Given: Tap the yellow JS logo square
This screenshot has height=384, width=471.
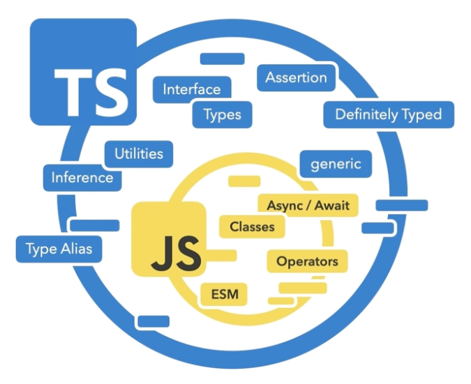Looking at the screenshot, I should [x=168, y=239].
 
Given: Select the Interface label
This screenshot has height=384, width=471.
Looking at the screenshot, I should [x=191, y=89].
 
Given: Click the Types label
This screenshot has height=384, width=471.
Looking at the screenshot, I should [x=222, y=115].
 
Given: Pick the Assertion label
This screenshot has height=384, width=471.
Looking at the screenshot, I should [x=296, y=77].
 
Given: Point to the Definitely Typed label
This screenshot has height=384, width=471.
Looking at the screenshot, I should [x=389, y=115].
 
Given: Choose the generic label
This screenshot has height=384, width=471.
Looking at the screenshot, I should [x=336, y=164].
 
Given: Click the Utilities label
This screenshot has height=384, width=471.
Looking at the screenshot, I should [x=138, y=153].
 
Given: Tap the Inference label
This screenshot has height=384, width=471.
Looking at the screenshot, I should [x=82, y=178].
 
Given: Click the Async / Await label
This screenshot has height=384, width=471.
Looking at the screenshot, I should [x=308, y=205].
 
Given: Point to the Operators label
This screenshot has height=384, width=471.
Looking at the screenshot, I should [x=307, y=261].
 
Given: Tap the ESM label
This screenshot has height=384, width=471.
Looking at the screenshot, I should [x=224, y=294].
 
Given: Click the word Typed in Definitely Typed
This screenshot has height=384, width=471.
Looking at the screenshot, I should [x=421, y=115].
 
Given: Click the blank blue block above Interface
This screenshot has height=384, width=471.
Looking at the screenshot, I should [x=222, y=59].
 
